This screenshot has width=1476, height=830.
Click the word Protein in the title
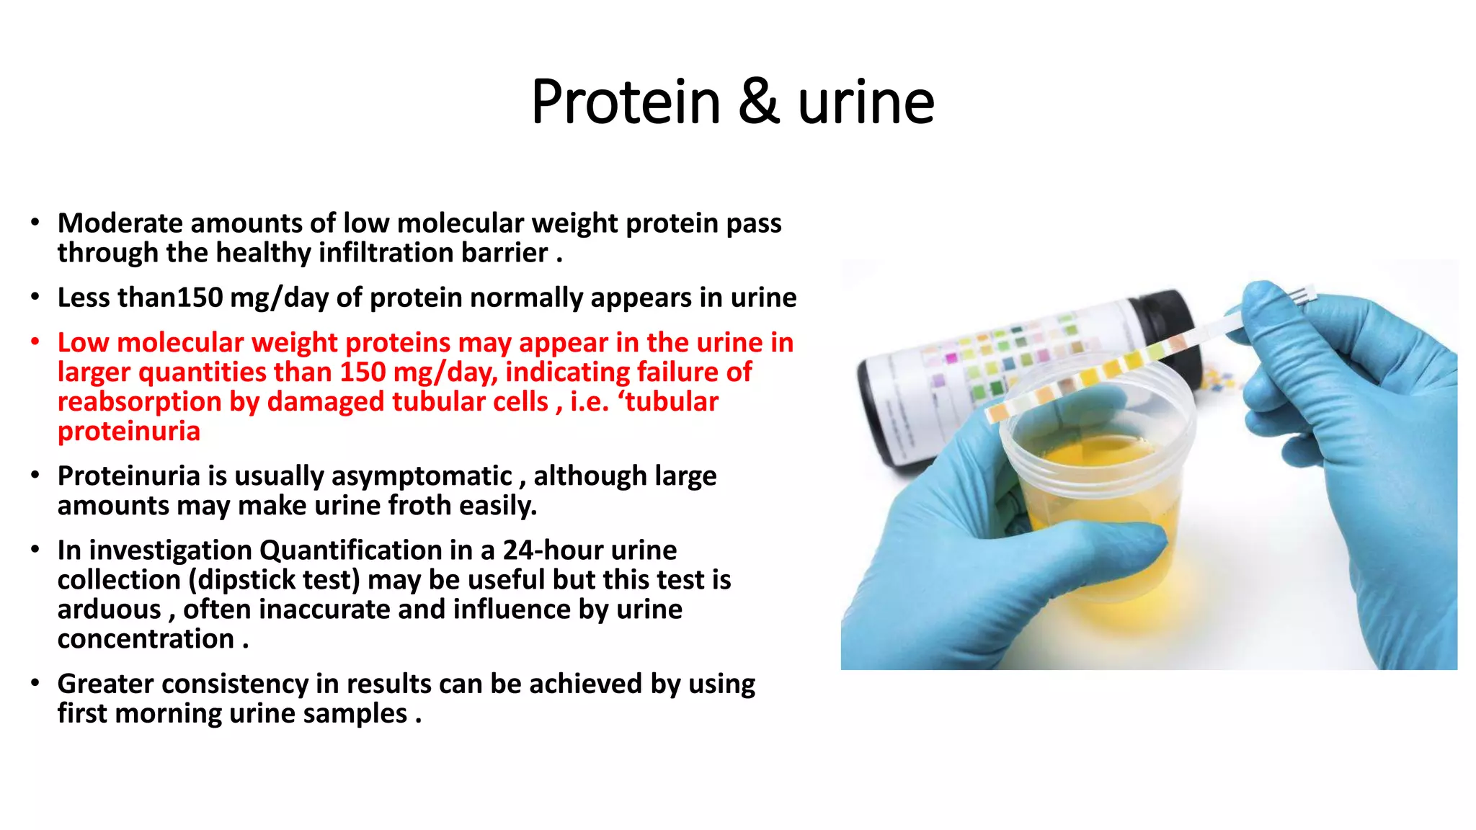pos(626,102)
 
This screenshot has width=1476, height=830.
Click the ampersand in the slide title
pos(758,102)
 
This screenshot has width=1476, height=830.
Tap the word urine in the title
pos(866,102)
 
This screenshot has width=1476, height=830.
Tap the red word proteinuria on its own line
pos(129,431)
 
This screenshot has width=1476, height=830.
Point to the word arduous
pos(110,610)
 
